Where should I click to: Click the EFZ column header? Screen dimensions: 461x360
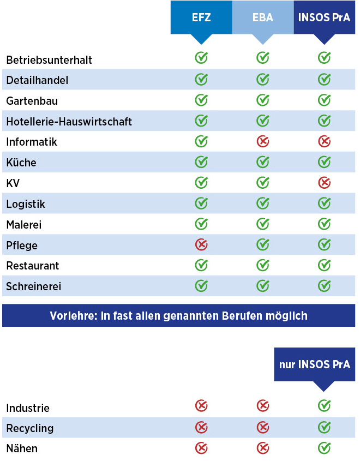201,17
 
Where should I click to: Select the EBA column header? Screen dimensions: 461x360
263,17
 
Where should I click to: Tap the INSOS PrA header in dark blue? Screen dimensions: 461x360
324,17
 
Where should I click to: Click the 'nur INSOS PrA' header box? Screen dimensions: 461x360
314,364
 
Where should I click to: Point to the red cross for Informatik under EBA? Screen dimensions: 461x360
263,141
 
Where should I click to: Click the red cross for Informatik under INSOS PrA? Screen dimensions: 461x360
324,141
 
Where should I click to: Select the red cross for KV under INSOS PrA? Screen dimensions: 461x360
324,182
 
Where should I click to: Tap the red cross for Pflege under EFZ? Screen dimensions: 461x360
201,244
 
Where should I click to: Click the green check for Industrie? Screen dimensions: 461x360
324,406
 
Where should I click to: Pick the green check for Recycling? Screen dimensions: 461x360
324,427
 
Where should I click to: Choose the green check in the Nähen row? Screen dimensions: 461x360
324,447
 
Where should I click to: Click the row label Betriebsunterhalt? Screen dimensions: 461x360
49,60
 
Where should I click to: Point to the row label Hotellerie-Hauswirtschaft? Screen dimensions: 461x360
69,121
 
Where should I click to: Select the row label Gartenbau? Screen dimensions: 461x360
32,101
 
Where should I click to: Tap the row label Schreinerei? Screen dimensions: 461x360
33,286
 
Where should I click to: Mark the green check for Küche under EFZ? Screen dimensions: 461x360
201,162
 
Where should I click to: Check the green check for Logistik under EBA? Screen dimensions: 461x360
263,203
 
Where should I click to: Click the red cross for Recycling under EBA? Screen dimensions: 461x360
263,427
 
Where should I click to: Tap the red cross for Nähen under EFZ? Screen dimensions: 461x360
201,447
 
